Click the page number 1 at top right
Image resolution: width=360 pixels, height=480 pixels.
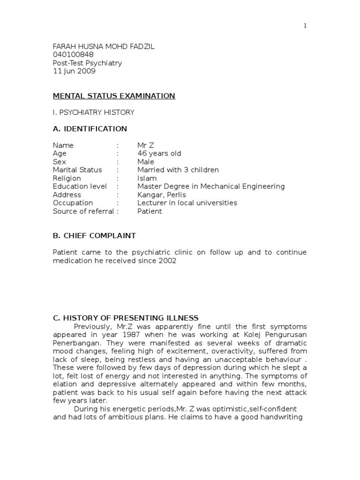click(x=305, y=26)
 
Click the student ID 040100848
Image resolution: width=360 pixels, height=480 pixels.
click(x=73, y=54)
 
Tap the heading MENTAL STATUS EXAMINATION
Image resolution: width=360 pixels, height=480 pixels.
click(x=114, y=96)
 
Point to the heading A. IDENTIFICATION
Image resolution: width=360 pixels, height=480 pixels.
click(x=90, y=129)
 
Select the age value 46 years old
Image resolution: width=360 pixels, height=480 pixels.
click(x=159, y=154)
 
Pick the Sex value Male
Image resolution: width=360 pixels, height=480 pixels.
click(x=146, y=162)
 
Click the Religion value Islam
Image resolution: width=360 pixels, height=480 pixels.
click(x=147, y=179)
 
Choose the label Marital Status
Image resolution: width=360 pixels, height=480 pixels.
click(x=77, y=170)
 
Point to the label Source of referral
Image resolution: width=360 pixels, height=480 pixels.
click(x=83, y=211)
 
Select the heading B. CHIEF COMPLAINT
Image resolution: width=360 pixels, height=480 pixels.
click(x=94, y=236)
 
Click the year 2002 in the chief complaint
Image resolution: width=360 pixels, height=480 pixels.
click(x=167, y=261)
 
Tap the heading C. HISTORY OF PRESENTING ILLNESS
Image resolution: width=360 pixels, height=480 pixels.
click(x=126, y=318)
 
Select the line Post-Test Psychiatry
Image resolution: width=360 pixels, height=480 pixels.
click(x=87, y=63)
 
